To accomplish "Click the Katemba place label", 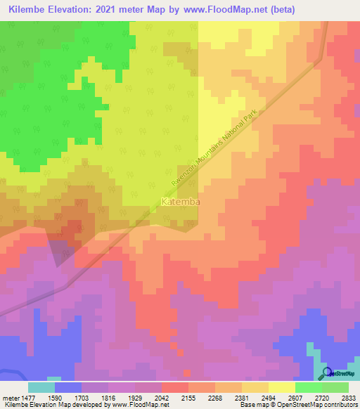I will (181, 202).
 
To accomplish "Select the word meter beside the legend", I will (11, 398).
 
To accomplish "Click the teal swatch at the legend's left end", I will (41, 387).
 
